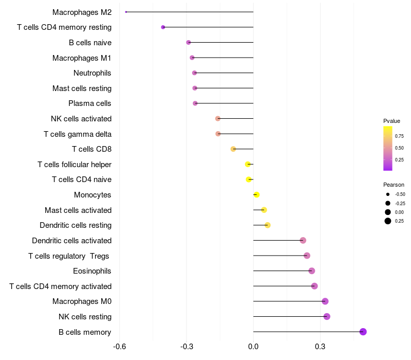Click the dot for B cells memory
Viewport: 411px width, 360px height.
click(363, 332)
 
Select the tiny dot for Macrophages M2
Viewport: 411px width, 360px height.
click(126, 12)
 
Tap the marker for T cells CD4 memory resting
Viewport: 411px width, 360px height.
click(163, 27)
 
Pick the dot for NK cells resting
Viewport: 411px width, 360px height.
click(327, 316)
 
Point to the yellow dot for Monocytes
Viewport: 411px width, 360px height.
click(257, 194)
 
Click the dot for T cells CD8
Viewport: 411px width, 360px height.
click(233, 149)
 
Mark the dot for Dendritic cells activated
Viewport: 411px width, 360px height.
click(303, 240)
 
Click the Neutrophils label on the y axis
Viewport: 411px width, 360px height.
click(92, 73)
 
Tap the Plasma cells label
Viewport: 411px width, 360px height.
click(90, 103)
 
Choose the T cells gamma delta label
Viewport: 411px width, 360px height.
click(78, 134)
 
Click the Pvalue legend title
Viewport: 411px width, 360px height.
click(391, 121)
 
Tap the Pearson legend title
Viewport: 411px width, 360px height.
click(394, 185)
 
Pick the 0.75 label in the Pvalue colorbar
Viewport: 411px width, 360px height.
click(399, 136)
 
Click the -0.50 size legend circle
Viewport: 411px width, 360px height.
click(388, 194)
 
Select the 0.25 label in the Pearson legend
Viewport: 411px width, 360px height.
click(399, 221)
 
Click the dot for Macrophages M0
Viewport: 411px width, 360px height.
click(325, 301)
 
